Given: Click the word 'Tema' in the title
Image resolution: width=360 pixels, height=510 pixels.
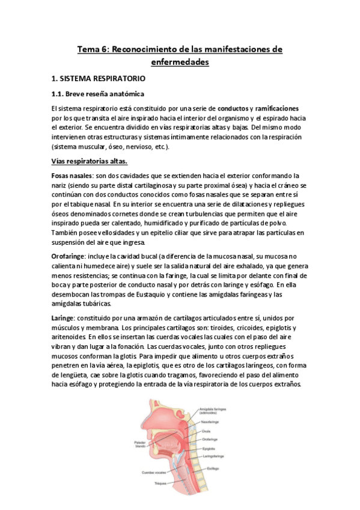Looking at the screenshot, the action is (89, 49).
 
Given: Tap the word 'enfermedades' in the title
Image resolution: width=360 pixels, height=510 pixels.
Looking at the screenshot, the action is (180, 61).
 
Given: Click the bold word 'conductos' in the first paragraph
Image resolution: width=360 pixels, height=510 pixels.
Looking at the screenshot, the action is (232, 108).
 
